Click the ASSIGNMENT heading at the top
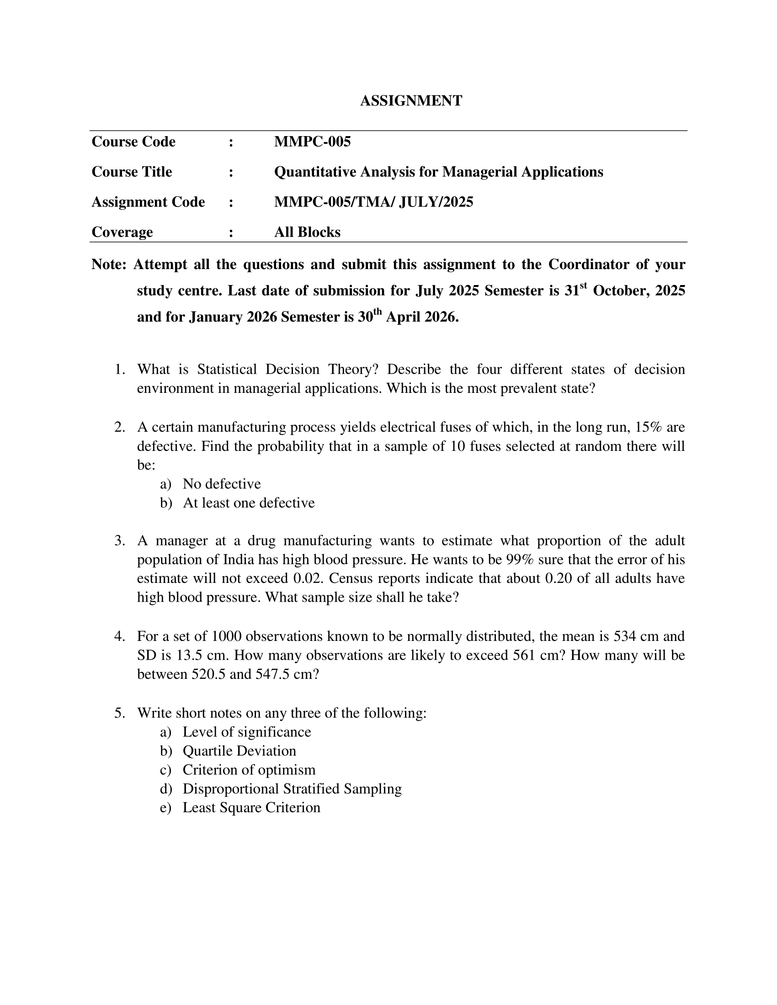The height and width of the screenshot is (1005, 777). (x=410, y=101)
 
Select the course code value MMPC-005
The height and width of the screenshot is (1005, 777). (x=312, y=142)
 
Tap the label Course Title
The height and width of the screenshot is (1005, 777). (x=132, y=172)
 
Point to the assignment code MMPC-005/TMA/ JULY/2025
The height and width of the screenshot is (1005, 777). (x=373, y=202)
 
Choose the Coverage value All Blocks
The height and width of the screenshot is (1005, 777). (x=307, y=233)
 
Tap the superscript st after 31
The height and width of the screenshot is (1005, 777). (x=583, y=286)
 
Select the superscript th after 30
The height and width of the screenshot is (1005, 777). (x=378, y=312)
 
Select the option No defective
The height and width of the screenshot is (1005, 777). (x=221, y=484)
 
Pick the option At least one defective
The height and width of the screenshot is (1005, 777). (x=249, y=503)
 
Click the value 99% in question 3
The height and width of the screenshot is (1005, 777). (x=520, y=560)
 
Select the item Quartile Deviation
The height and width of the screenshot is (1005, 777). (x=239, y=751)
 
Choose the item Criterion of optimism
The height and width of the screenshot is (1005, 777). (x=249, y=770)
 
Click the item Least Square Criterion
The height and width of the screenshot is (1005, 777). (x=251, y=808)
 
